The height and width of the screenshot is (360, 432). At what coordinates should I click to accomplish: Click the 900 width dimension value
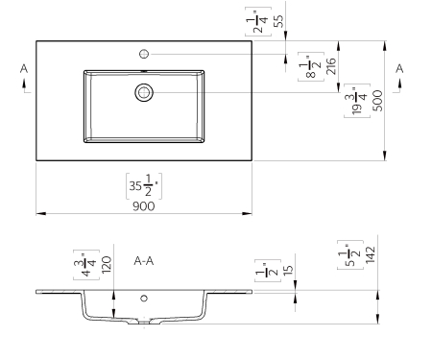click(144, 204)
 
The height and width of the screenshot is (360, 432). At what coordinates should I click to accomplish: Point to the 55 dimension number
click(278, 19)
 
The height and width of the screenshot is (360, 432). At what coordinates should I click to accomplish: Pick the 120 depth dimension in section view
click(108, 264)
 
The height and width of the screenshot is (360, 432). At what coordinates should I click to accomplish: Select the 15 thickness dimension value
click(288, 273)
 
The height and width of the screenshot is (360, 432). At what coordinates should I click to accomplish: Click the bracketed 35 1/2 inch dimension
click(143, 183)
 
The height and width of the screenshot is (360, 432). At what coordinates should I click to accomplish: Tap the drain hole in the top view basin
click(144, 92)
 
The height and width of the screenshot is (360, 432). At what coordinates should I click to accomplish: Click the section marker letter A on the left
click(23, 68)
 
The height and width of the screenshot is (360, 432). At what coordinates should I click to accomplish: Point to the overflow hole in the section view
click(144, 299)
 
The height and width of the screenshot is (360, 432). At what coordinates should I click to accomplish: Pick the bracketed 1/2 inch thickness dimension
click(262, 273)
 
